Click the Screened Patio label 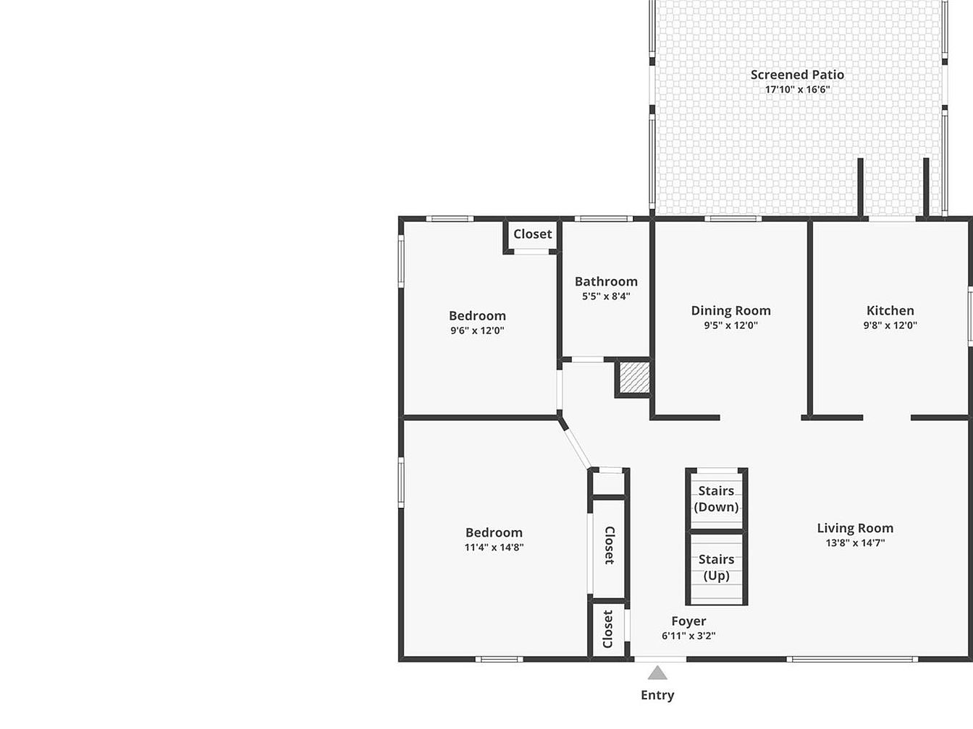(797, 74)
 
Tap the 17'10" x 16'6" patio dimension (797, 90)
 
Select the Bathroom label (606, 281)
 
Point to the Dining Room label (730, 311)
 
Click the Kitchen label (890, 310)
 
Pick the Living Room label (855, 528)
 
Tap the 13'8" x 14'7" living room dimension (855, 542)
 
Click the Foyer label (688, 621)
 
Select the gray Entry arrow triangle (657, 673)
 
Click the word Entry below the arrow (657, 695)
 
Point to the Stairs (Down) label (716, 499)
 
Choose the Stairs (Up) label (716, 568)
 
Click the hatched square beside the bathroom (635, 377)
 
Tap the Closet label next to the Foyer (607, 629)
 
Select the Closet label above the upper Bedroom (532, 234)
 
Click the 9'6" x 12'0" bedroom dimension (477, 331)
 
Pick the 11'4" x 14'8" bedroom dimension (494, 547)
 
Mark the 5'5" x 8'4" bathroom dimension (606, 296)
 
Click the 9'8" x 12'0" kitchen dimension (890, 325)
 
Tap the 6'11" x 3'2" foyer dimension (688, 636)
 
